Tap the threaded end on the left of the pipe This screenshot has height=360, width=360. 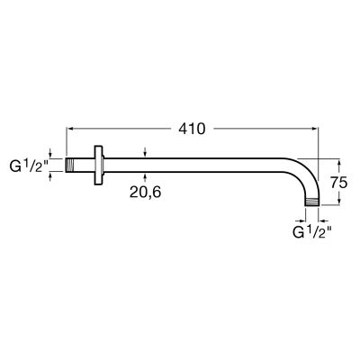74,166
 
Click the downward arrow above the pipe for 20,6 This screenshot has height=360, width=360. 145,156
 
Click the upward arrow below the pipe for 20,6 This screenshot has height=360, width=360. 145,175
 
